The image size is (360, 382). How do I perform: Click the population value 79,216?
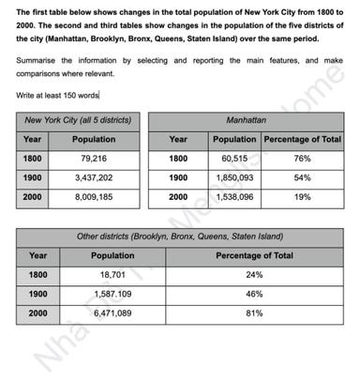[x=93, y=160]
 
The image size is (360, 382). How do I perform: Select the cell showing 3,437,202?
[x=93, y=178]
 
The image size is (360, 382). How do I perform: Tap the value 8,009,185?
[x=93, y=198]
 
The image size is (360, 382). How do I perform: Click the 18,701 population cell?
[x=112, y=275]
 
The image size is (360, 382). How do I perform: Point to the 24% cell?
[x=253, y=275]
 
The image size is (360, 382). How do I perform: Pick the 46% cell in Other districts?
[x=253, y=295]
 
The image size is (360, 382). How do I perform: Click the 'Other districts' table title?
[x=177, y=237]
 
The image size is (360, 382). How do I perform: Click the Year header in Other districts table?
[x=38, y=255]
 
